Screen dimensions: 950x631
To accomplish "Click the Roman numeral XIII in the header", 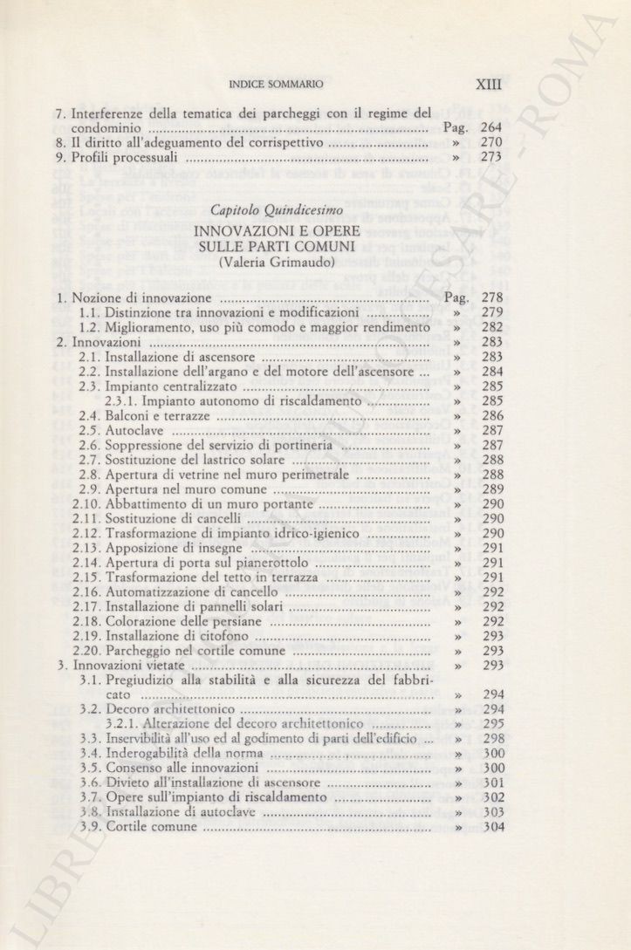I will click(490, 85).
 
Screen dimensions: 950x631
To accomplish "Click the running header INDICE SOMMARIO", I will click(275, 85).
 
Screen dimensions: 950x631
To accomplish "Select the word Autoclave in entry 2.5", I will click(133, 431).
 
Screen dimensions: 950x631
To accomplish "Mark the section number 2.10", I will click(90, 505).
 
